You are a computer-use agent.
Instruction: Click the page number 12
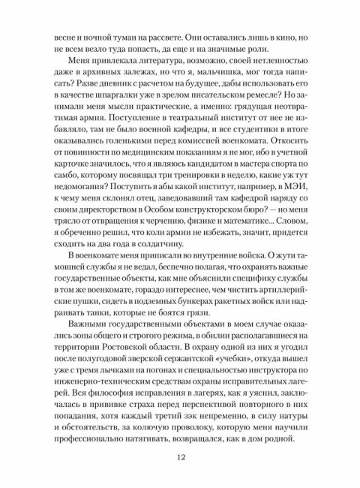tap(180, 457)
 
